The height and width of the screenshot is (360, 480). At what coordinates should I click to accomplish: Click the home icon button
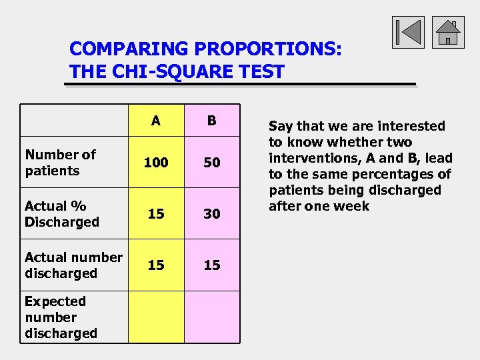pos(448,32)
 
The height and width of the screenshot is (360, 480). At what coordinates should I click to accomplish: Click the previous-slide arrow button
pos(408,32)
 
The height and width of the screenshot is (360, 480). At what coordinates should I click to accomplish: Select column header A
pos(155,121)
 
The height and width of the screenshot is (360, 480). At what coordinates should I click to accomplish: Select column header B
pos(211,121)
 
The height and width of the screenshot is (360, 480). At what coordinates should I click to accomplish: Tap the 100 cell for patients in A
pos(155,163)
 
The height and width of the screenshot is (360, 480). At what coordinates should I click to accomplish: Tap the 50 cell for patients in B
pos(211,163)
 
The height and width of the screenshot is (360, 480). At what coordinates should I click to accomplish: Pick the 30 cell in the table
pos(211,214)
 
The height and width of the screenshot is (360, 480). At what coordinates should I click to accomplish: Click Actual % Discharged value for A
pos(155,214)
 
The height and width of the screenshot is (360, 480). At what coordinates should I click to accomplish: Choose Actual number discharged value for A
pos(155,265)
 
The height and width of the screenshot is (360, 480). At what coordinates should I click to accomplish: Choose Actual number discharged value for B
pos(211,265)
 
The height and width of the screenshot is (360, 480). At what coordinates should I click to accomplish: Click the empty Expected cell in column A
pos(155,317)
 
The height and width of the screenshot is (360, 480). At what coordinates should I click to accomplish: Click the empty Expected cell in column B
pos(211,317)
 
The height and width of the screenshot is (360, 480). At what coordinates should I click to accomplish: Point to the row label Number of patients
pos(60,163)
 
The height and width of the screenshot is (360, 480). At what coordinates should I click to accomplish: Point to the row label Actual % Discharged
pos(61,214)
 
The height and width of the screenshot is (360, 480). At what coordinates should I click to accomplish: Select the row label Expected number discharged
pos(61,317)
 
